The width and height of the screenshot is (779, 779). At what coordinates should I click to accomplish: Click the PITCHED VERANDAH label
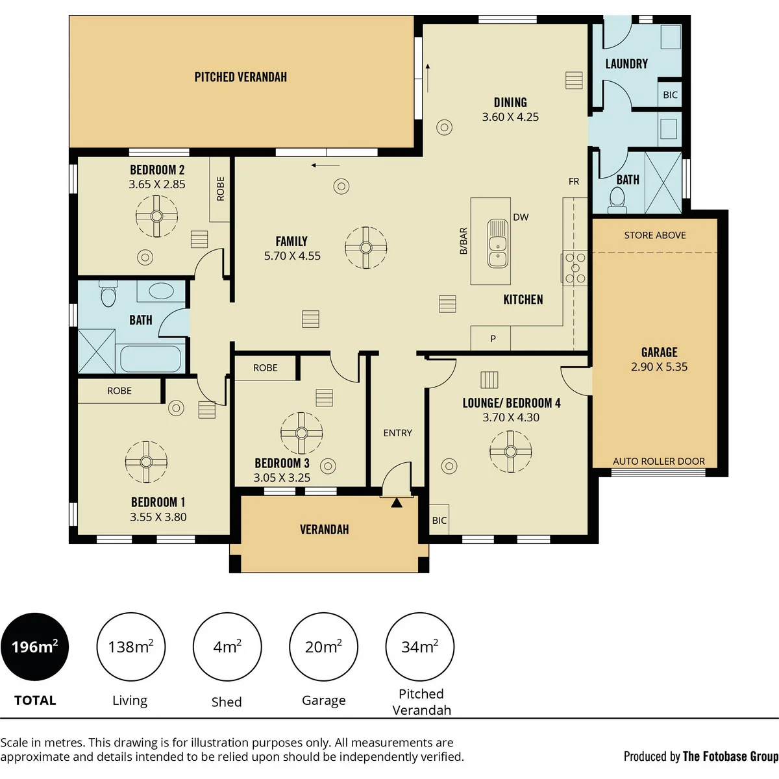pyautogui.click(x=241, y=77)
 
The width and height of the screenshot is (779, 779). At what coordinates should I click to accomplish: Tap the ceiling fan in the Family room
pyautogui.click(x=366, y=247)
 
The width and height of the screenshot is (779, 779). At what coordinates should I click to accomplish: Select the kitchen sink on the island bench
pyautogui.click(x=498, y=243)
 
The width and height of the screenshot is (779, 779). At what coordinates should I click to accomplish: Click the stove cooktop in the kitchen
pyautogui.click(x=575, y=267)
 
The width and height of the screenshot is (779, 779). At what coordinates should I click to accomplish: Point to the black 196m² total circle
pyautogui.click(x=35, y=647)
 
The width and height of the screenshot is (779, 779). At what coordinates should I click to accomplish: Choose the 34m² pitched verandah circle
pyautogui.click(x=420, y=647)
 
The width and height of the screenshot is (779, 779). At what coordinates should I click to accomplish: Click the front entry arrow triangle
pyautogui.click(x=397, y=502)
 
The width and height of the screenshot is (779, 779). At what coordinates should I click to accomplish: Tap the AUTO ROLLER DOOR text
pyautogui.click(x=658, y=462)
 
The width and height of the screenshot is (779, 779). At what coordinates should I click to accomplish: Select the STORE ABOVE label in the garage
pyautogui.click(x=655, y=235)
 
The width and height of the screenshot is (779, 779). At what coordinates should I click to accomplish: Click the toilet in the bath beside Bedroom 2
pyautogui.click(x=108, y=294)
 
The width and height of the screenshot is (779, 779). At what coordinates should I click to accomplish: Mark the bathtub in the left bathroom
pyautogui.click(x=151, y=359)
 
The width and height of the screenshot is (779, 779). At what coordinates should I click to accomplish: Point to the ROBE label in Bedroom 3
pyautogui.click(x=266, y=368)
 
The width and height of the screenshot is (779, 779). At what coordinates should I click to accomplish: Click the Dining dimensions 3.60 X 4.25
pyautogui.click(x=510, y=117)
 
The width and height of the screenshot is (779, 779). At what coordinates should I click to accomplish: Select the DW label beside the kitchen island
pyautogui.click(x=521, y=217)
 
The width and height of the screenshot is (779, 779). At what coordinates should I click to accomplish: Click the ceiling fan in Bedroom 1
pyautogui.click(x=146, y=462)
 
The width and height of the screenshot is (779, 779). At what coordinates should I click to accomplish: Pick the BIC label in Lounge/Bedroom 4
pyautogui.click(x=439, y=520)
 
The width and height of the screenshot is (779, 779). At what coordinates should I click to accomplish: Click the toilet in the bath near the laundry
pyautogui.click(x=617, y=200)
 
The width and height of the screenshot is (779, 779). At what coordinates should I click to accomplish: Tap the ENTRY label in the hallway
pyautogui.click(x=398, y=433)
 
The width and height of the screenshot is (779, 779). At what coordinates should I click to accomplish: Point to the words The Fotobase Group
pyautogui.click(x=731, y=756)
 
